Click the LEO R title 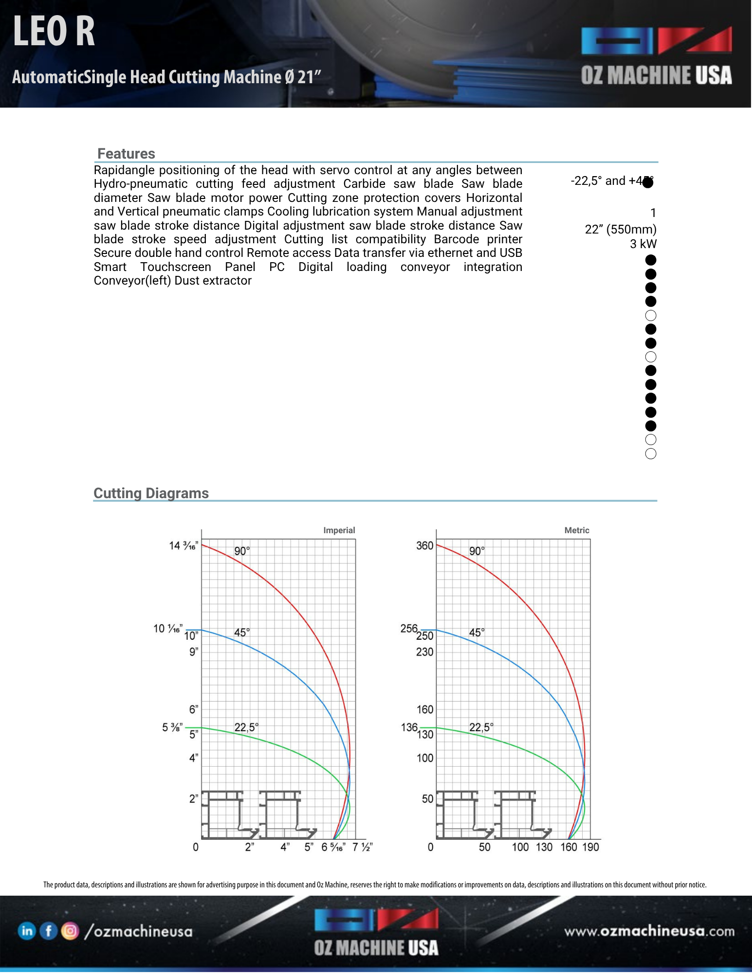[54, 32]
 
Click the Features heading [126, 154]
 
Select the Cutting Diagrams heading [151, 493]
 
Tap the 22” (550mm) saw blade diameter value [620, 229]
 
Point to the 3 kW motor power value [643, 244]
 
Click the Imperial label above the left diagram [339, 530]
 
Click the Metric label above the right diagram [576, 530]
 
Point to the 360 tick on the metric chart [424, 546]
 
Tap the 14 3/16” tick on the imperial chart [183, 546]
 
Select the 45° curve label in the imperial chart [242, 632]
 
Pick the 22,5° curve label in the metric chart [481, 727]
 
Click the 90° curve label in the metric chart [477, 551]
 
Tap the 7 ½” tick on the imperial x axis [362, 847]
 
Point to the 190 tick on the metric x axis [590, 847]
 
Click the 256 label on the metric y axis [409, 629]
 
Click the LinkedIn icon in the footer [27, 931]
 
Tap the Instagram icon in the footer [70, 931]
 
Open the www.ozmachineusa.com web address [649, 931]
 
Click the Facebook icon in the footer [49, 931]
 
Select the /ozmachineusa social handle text [139, 931]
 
